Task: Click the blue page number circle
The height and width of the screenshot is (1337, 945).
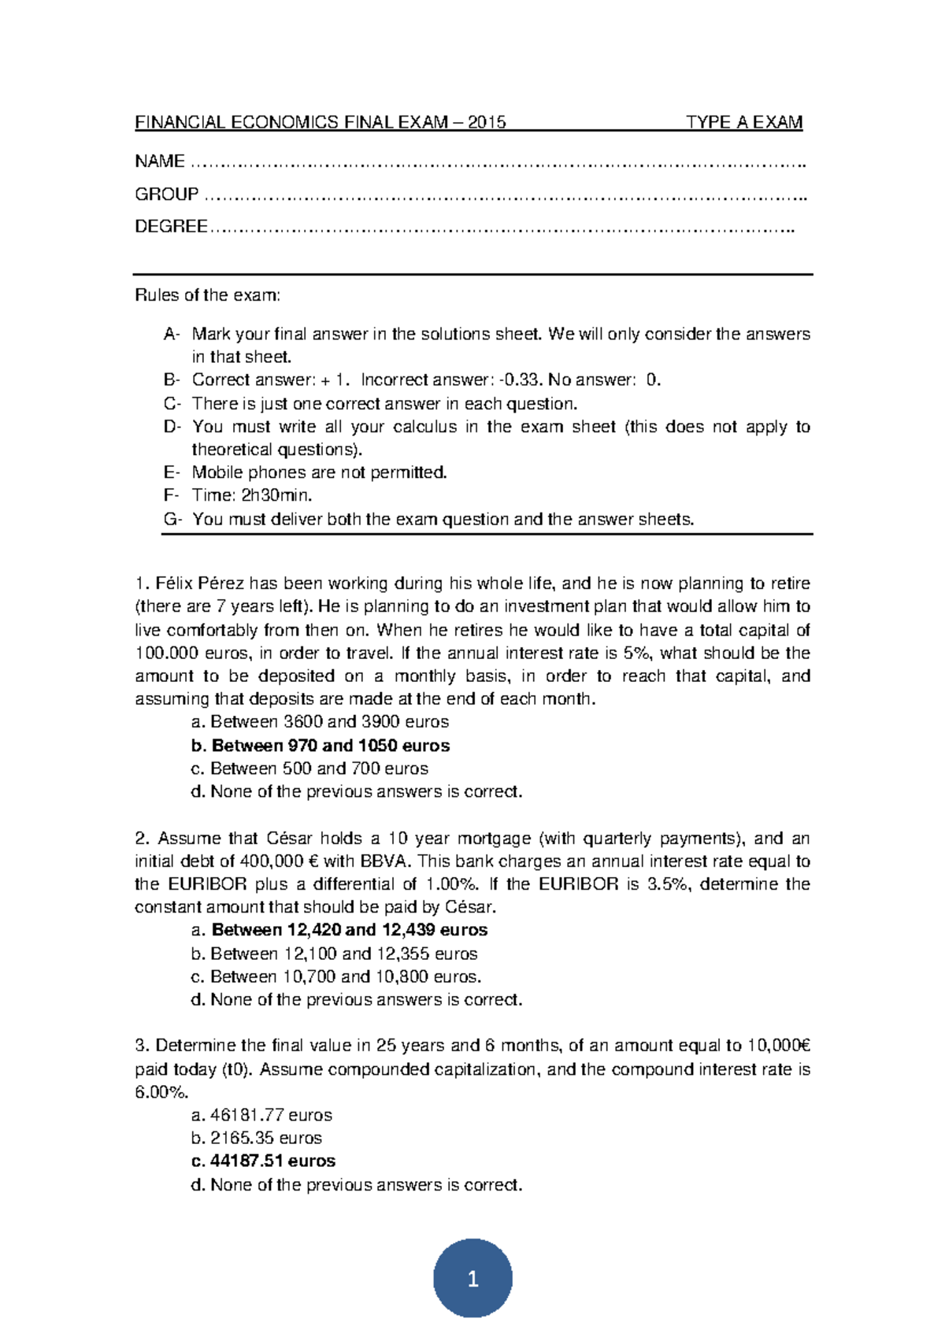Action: [472, 1279]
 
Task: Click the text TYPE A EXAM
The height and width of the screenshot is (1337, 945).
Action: [743, 122]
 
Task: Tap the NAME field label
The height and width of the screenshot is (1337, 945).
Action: [160, 161]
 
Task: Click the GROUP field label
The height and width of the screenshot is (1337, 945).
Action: [166, 194]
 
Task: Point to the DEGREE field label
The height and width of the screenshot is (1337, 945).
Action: [171, 227]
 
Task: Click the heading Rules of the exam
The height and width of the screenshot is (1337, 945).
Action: [207, 295]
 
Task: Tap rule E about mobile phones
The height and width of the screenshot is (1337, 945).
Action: [319, 472]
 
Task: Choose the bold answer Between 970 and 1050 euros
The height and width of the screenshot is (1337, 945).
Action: [330, 746]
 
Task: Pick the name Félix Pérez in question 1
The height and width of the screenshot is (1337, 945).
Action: [200, 583]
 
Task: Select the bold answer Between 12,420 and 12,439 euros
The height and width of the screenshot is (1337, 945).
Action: [349, 930]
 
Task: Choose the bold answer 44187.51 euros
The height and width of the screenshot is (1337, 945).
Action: [272, 1161]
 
